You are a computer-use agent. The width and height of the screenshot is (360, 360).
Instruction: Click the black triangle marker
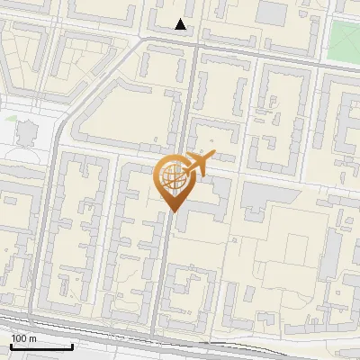[x=181, y=24]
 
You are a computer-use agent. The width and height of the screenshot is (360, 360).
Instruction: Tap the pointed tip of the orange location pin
[x=172, y=211]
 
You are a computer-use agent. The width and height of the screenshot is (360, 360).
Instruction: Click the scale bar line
[x=40, y=346]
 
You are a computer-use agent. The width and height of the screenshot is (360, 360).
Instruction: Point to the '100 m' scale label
[x=24, y=338]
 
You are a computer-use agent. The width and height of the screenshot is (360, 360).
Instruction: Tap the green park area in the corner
[x=345, y=35]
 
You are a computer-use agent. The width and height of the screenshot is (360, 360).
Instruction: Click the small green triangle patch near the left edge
[x=11, y=118]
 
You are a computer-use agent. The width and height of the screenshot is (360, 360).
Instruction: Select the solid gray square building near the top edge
[x=272, y=12]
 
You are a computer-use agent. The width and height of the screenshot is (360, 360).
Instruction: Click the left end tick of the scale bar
[x=10, y=346]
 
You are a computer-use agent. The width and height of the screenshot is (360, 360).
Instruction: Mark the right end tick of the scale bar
[x=72, y=346]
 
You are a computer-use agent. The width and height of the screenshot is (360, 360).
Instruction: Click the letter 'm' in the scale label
[x=33, y=338]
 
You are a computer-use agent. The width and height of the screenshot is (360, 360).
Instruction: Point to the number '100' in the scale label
[x=20, y=338]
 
